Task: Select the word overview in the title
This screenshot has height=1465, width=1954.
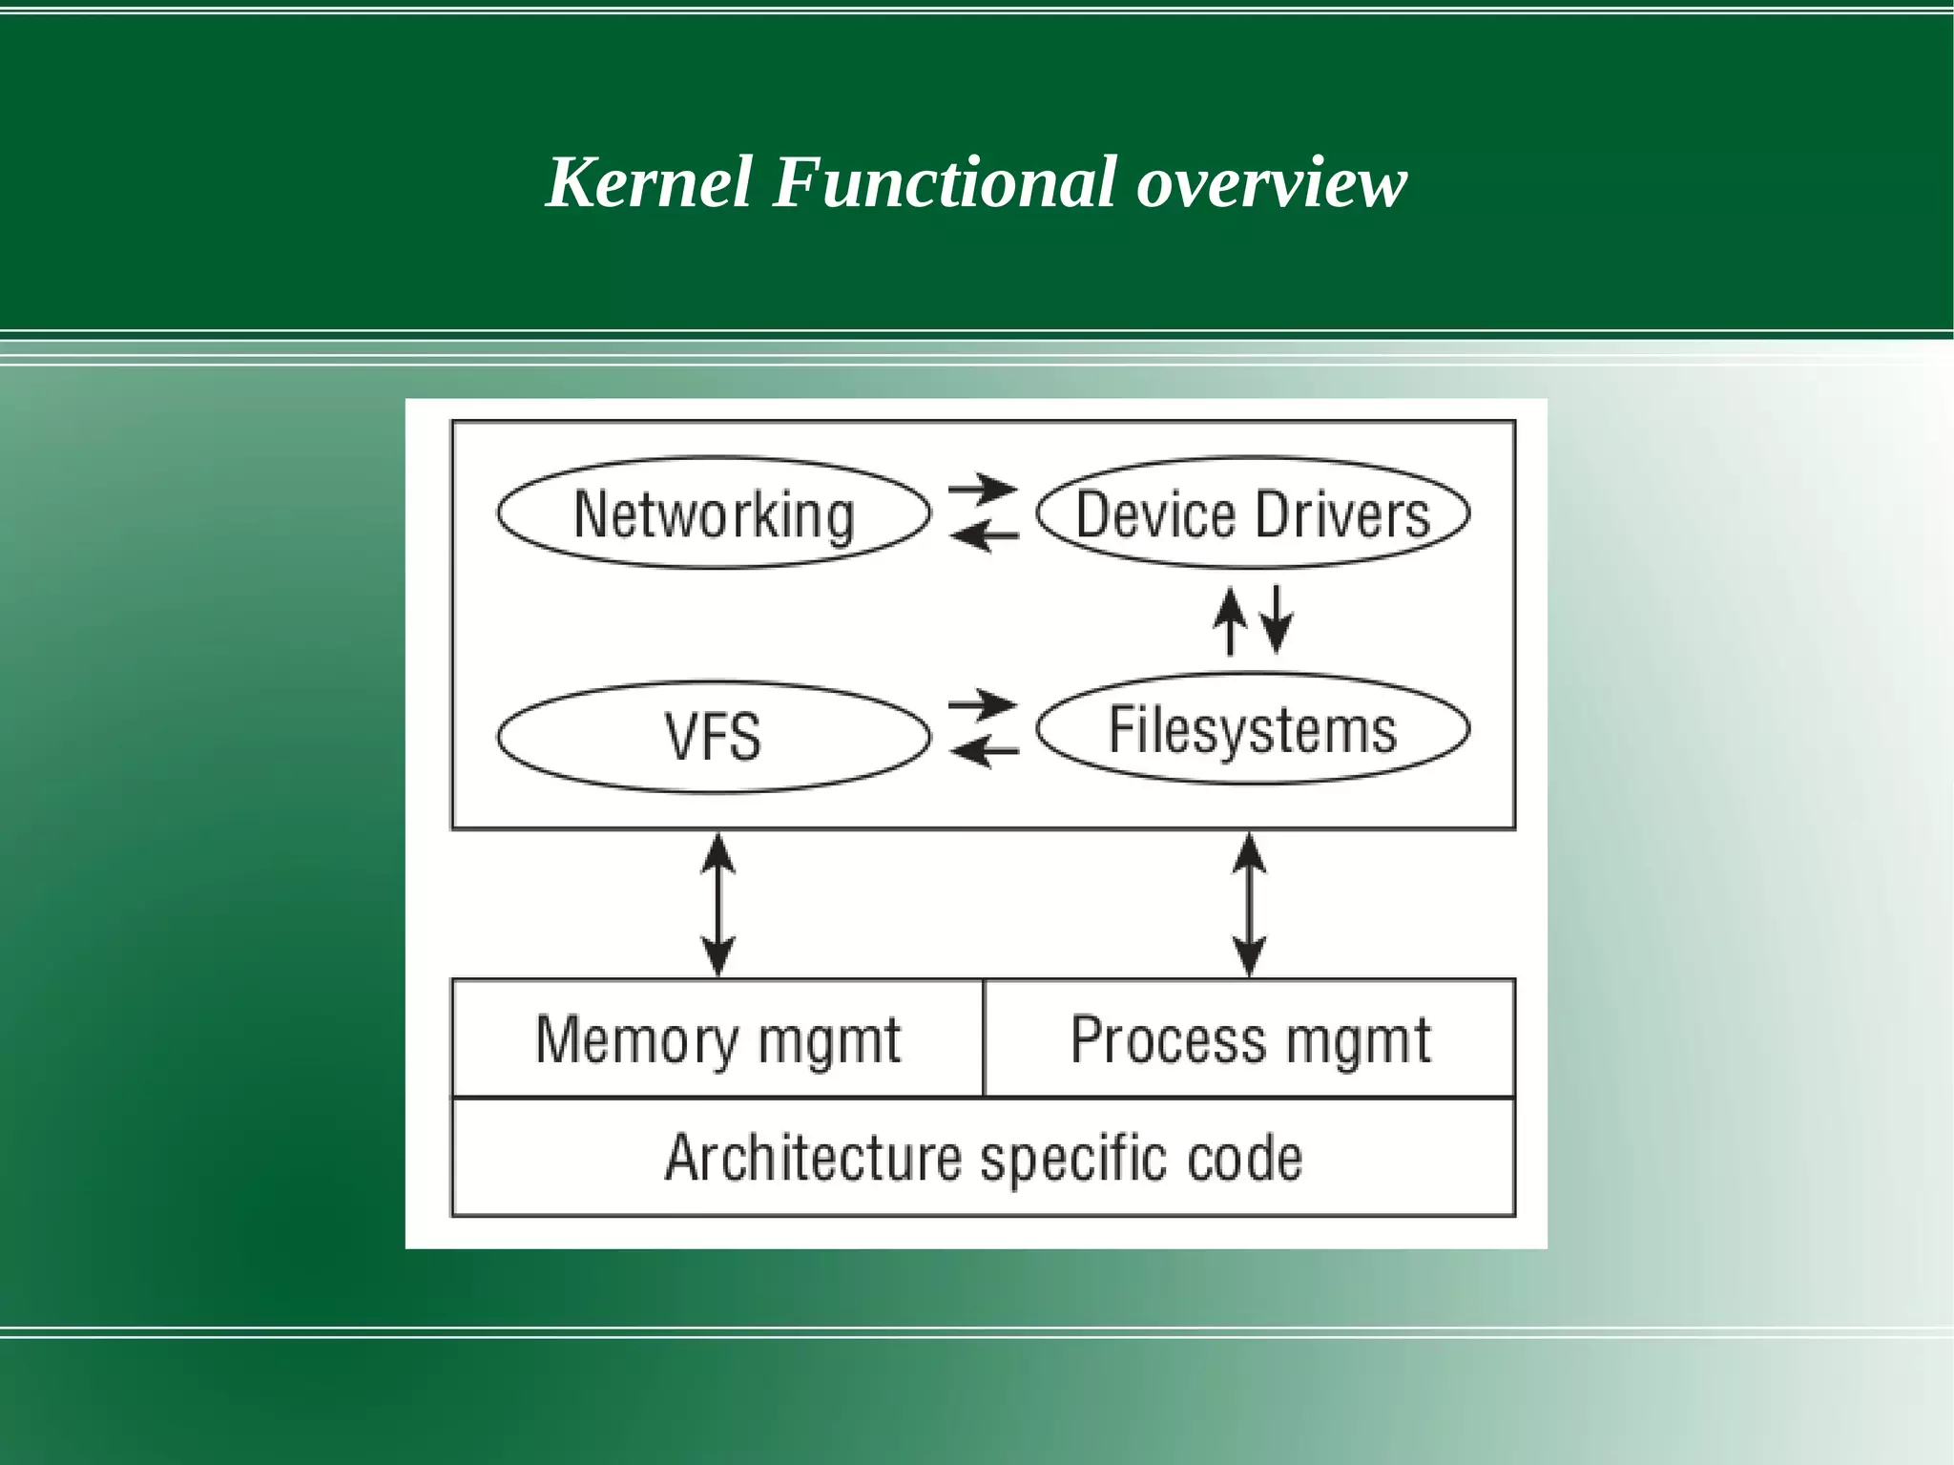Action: (x=1271, y=183)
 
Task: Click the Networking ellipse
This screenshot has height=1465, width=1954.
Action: (x=714, y=513)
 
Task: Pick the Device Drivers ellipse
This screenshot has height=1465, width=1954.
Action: (x=1252, y=513)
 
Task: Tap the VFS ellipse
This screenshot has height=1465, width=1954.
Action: (x=714, y=737)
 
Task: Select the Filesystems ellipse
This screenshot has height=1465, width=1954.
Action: (x=1252, y=729)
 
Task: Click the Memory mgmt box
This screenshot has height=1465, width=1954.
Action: (x=717, y=1038)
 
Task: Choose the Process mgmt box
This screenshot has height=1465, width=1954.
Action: (x=1250, y=1038)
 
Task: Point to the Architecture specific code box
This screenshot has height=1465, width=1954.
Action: (x=983, y=1158)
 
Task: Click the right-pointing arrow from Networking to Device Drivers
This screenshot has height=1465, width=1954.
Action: (x=983, y=490)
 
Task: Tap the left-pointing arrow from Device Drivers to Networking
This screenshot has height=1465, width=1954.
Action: (x=985, y=536)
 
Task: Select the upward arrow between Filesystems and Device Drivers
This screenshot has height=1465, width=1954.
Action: (x=1230, y=620)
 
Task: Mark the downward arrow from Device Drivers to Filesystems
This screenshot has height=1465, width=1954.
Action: (x=1277, y=618)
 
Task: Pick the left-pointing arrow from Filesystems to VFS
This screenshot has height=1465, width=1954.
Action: (x=985, y=752)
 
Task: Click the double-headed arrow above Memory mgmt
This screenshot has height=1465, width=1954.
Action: (x=717, y=905)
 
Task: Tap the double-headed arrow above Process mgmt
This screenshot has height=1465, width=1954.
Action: (x=1249, y=905)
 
